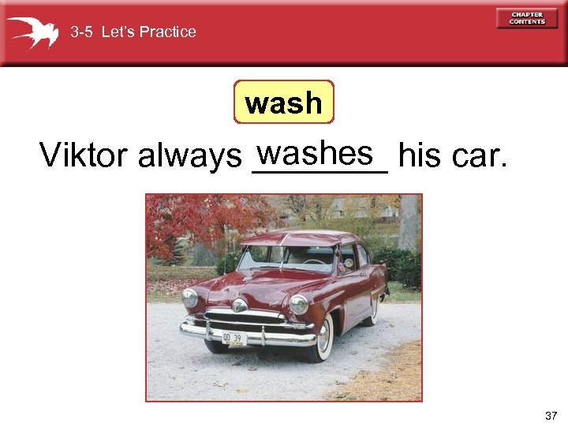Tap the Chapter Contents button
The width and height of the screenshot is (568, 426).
527,18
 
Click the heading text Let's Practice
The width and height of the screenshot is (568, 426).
149,32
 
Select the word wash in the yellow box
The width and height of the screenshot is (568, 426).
284,103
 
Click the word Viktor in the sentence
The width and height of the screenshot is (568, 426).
84,156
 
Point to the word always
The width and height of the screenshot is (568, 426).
189,158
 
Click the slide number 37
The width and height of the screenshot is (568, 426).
551,415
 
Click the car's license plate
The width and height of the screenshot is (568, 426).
234,338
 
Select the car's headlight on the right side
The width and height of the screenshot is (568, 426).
298,304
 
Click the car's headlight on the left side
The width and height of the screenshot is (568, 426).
190,297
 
